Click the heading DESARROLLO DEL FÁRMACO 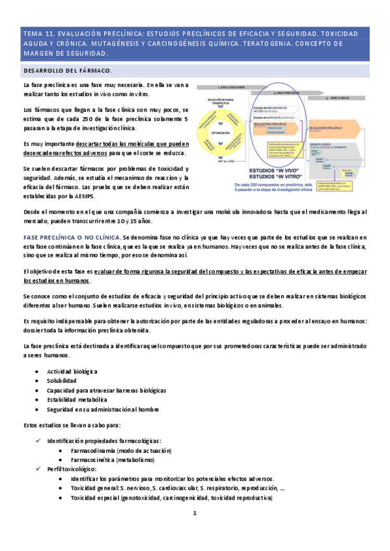tap(67, 70)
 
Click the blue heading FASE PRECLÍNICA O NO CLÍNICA tap(72, 238)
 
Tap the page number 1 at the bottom tap(194, 513)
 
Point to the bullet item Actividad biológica tap(72, 371)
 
